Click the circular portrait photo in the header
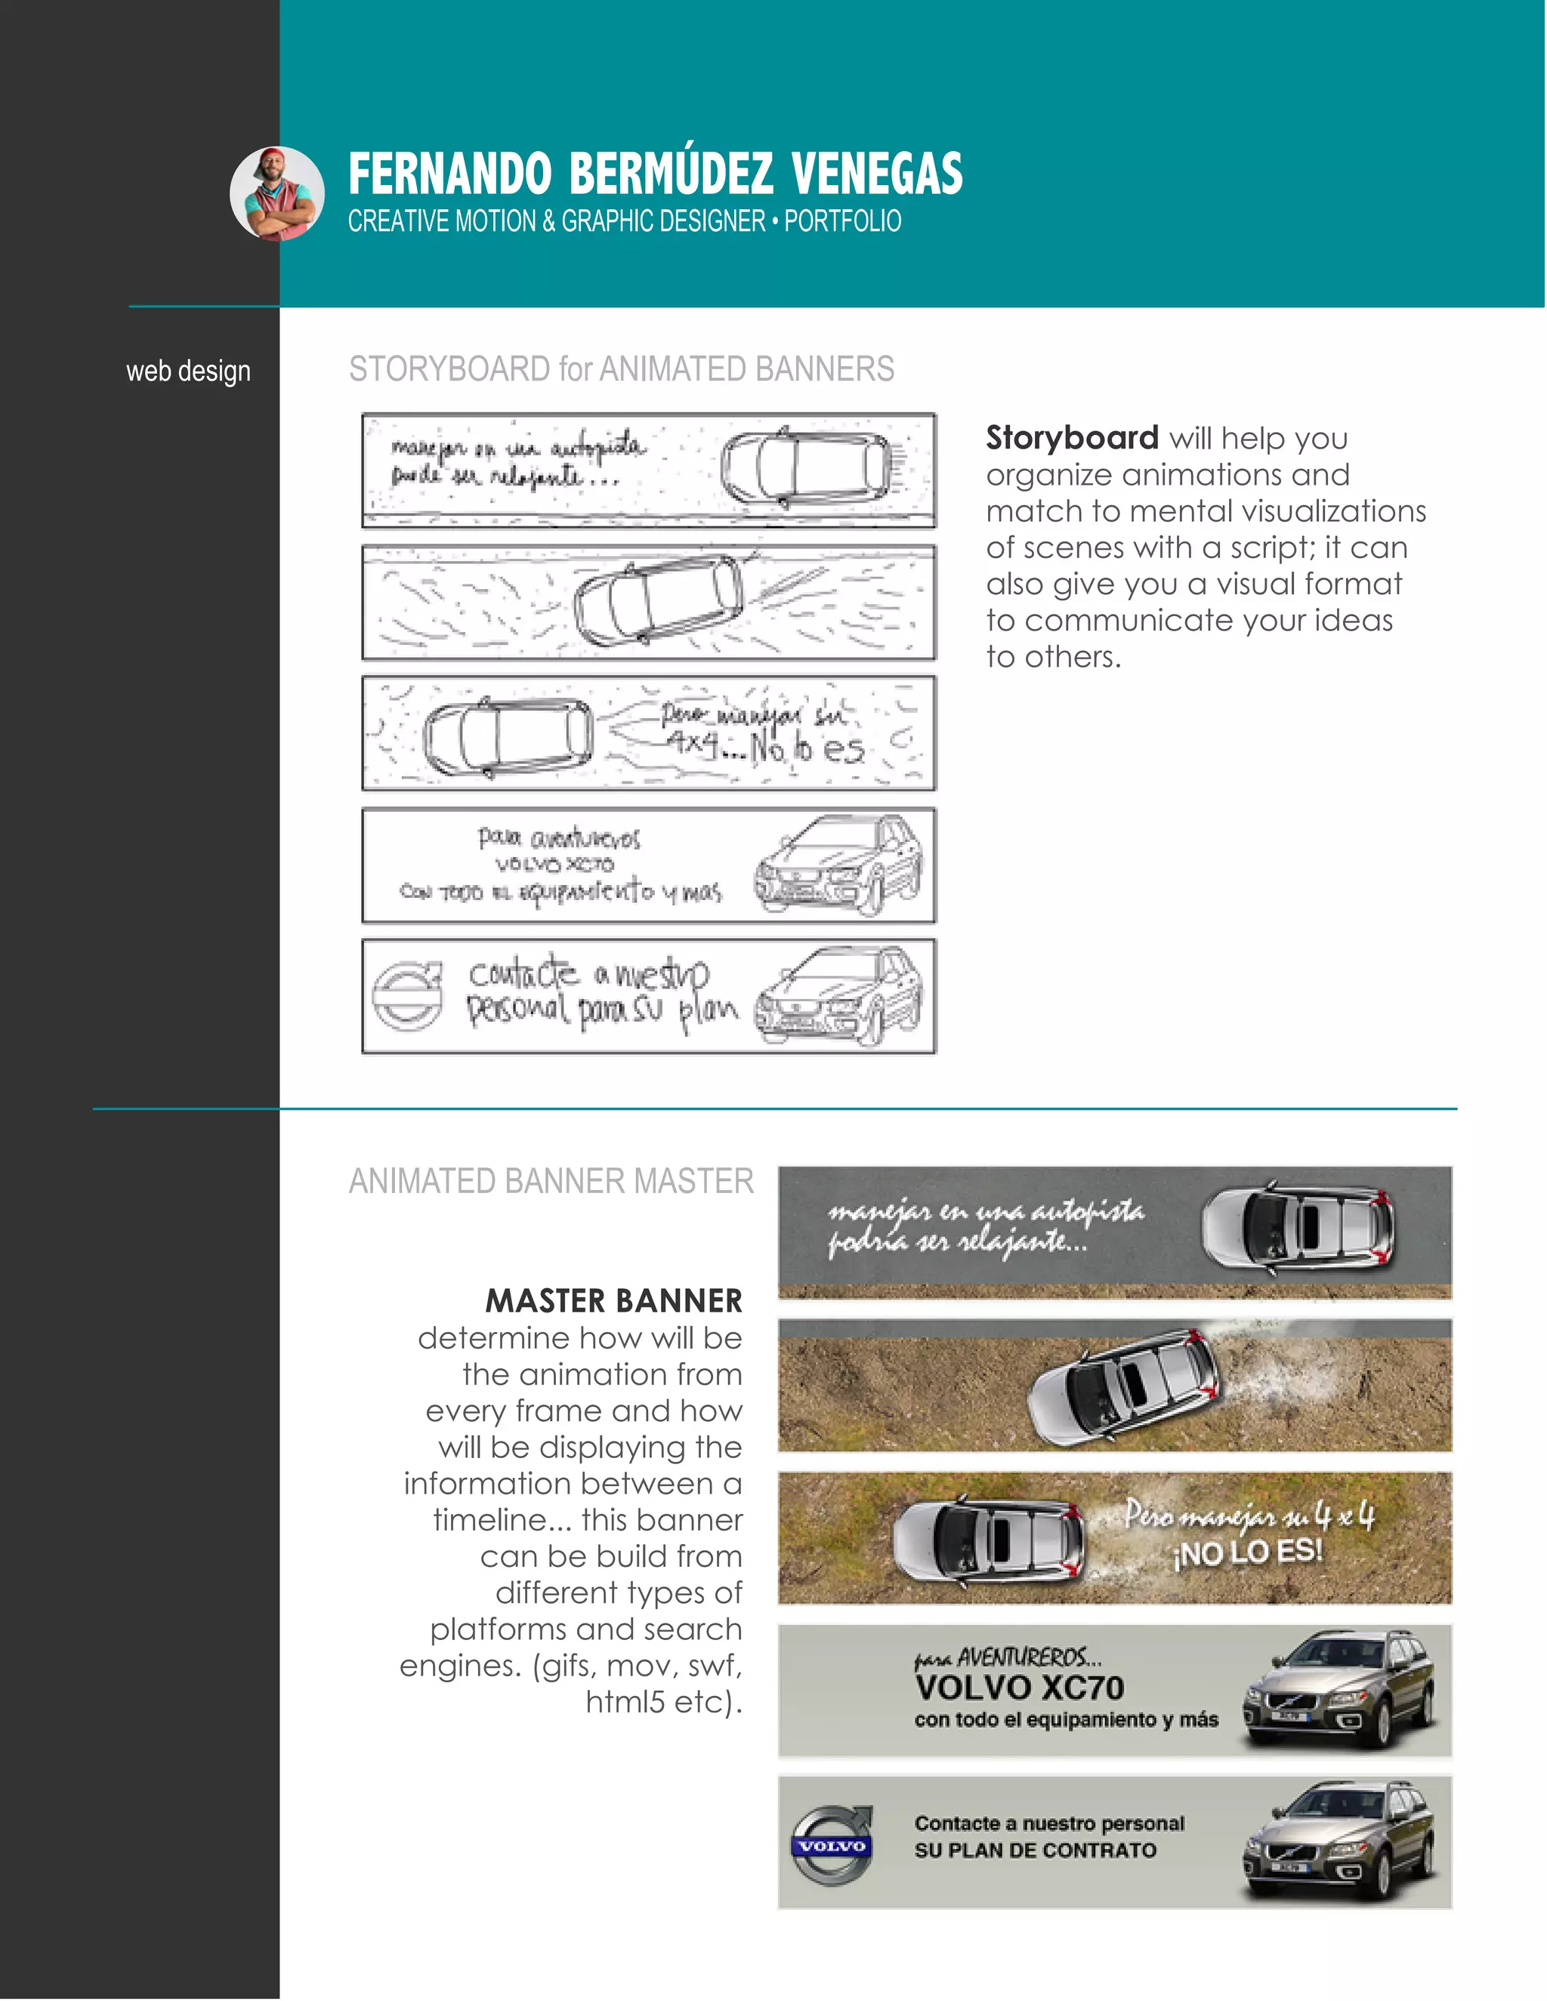point(276,193)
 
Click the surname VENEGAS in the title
point(876,174)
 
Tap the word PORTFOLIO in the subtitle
point(842,222)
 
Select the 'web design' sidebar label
point(188,371)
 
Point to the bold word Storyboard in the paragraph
point(1071,438)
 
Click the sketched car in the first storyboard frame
point(804,467)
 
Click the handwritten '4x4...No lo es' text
point(766,748)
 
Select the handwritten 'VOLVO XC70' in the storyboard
point(554,864)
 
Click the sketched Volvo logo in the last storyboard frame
point(406,996)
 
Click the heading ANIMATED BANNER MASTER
point(551,1181)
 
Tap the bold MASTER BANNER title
point(613,1301)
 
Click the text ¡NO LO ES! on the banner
point(1248,1552)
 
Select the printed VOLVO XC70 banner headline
point(1018,1688)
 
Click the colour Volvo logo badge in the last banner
point(831,1845)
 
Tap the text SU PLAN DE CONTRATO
point(1035,1850)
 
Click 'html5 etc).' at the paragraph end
point(663,1701)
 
